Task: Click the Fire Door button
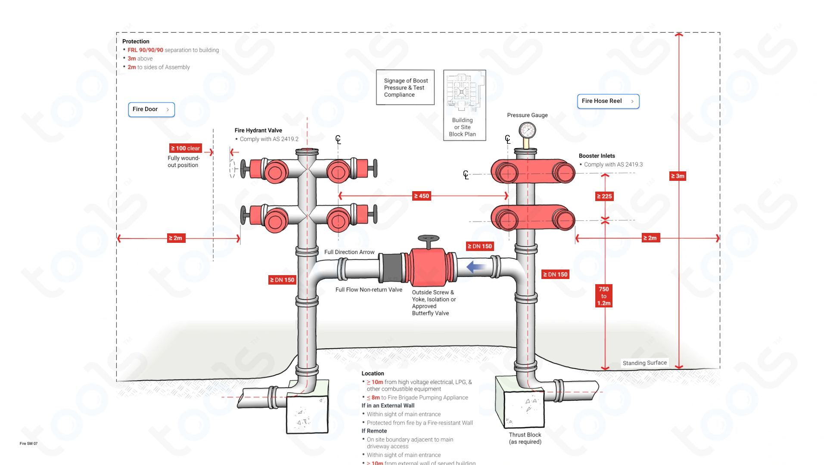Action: (x=151, y=109)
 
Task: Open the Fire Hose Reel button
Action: (x=608, y=101)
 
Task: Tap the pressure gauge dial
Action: (x=527, y=130)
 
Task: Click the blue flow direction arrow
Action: (x=476, y=267)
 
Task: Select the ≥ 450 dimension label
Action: (x=421, y=196)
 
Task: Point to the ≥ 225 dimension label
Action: (x=604, y=196)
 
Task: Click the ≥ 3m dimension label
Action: (x=678, y=176)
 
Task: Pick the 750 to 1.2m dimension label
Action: (x=604, y=296)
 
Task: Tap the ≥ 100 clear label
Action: (x=185, y=148)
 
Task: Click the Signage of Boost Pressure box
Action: (x=405, y=87)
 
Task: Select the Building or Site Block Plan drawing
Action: (x=464, y=93)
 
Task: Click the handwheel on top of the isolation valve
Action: (x=428, y=239)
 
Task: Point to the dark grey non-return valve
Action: (x=392, y=268)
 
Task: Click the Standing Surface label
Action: (x=644, y=363)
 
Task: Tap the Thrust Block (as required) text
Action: (x=525, y=438)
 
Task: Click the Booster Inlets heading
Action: (x=597, y=156)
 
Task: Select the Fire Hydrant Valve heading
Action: (x=258, y=130)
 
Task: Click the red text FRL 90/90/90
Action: (x=145, y=50)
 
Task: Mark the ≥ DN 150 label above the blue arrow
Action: (x=479, y=246)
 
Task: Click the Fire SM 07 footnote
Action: (x=28, y=443)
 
